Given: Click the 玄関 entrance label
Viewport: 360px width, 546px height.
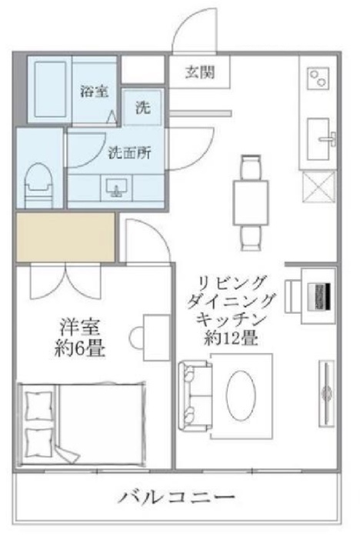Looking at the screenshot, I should tap(199, 74).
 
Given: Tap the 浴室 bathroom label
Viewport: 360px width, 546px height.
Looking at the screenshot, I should tap(94, 90).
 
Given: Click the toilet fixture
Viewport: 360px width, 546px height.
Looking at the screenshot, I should tap(37, 182).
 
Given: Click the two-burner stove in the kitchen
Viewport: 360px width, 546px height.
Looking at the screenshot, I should tap(318, 78).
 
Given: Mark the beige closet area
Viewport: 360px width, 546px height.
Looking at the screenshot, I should tap(65, 237).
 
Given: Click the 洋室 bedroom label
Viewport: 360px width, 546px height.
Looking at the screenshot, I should tap(81, 327).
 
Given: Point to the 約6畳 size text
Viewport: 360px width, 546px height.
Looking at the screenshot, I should tap(80, 348).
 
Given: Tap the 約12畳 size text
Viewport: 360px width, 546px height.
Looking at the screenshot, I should tap(232, 337).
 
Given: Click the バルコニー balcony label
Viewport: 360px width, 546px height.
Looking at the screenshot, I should tap(177, 496).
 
